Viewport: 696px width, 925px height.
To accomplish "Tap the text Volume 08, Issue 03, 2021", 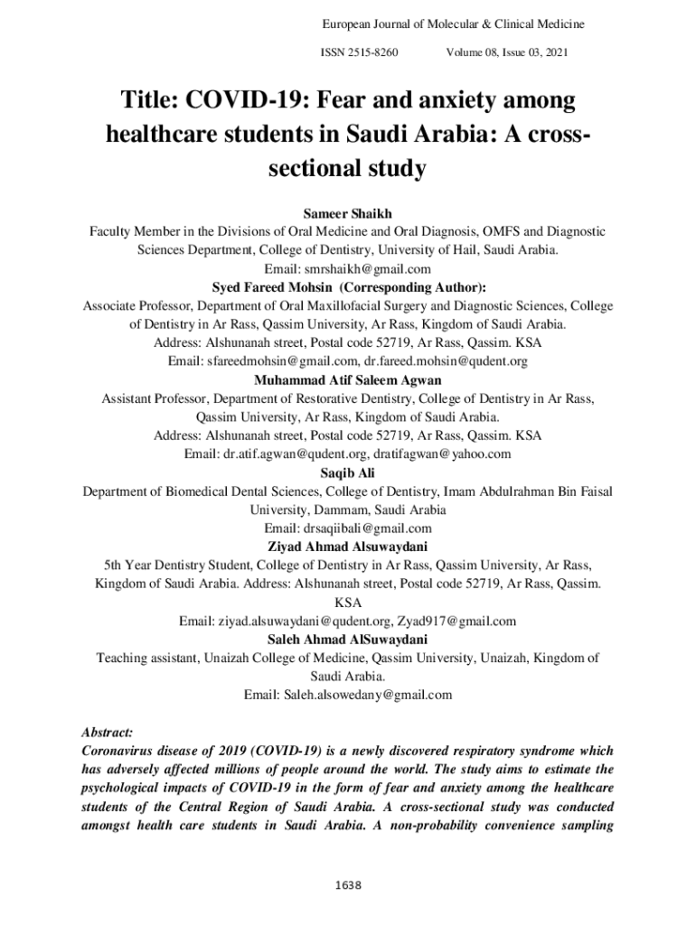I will click(507, 53).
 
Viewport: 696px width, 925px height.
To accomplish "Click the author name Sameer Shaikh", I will click(348, 214).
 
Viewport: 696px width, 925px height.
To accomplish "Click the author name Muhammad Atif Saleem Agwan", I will click(348, 379).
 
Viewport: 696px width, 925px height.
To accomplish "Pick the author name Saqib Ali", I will click(348, 472).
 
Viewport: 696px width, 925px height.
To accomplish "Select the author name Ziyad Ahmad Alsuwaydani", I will click(348, 547).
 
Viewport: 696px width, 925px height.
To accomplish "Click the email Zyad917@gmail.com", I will click(457, 621).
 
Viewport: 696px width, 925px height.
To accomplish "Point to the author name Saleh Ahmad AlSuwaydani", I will click(348, 640).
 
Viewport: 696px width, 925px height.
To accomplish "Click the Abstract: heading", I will click(108, 732).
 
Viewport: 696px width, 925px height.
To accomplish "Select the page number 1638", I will click(348, 884).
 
